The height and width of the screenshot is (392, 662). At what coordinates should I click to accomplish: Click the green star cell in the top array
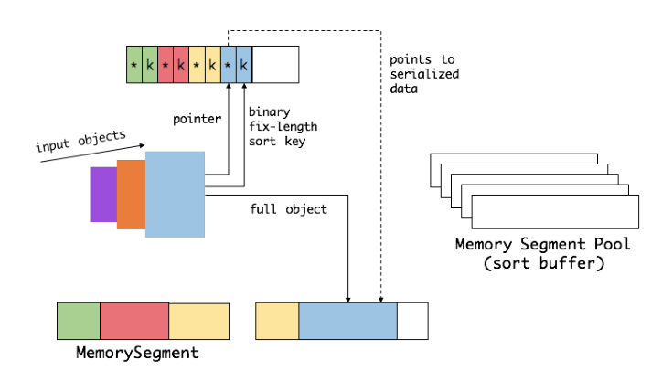(x=134, y=65)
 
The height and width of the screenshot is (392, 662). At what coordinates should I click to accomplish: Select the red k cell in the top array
(x=181, y=65)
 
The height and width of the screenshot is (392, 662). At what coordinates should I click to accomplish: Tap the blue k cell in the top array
(x=243, y=65)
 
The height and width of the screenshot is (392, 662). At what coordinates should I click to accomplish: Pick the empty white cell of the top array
(x=274, y=65)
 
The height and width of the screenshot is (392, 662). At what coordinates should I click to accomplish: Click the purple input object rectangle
(x=102, y=195)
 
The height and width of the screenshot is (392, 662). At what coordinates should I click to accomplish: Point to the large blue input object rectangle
(x=175, y=194)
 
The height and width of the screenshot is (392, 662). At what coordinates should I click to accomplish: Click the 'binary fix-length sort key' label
(x=283, y=127)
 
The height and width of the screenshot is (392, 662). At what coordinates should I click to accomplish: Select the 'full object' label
(x=288, y=209)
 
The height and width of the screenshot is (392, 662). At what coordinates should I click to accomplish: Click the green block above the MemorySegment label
(x=78, y=321)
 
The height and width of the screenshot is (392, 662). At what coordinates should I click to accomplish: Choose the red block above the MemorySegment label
(x=134, y=321)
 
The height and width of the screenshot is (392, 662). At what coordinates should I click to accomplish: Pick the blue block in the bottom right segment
(x=347, y=321)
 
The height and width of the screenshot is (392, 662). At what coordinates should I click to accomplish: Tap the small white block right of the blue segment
(x=412, y=321)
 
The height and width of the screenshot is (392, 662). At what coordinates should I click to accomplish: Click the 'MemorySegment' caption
(x=137, y=352)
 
